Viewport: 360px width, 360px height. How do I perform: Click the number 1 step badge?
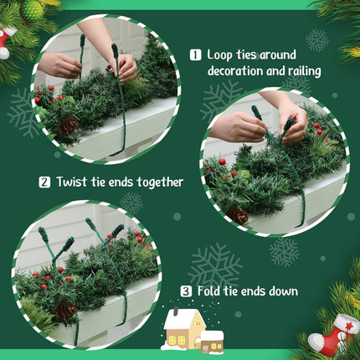pyautogui.click(x=195, y=55)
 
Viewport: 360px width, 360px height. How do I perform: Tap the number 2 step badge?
pyautogui.click(x=44, y=183)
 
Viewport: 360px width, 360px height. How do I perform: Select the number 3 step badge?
pyautogui.click(x=186, y=291)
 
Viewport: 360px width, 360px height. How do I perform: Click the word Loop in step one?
pyautogui.click(x=219, y=55)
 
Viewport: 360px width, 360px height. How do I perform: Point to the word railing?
pyautogui.click(x=305, y=71)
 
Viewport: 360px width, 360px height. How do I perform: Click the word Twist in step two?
pyautogui.click(x=72, y=182)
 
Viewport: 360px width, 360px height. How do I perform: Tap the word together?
pyautogui.click(x=160, y=183)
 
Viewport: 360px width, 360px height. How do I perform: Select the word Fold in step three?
pyautogui.click(x=208, y=291)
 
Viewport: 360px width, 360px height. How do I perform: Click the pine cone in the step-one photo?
pyautogui.click(x=68, y=126)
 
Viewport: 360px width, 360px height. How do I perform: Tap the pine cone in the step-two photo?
pyautogui.click(x=237, y=216)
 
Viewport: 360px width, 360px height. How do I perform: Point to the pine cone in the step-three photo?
pyautogui.click(x=66, y=311)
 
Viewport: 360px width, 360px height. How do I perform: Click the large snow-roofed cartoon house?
pyautogui.click(x=184, y=329)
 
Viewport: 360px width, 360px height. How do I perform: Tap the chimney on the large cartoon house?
pyautogui.click(x=176, y=311)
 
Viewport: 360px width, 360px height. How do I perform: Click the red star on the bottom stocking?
pyautogui.click(x=348, y=326)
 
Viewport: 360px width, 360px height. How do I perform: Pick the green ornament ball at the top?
pyautogui.click(x=32, y=11)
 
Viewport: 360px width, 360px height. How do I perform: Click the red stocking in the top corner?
pyautogui.click(x=6, y=43)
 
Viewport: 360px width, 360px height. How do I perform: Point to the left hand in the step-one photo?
pyautogui.click(x=59, y=65)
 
